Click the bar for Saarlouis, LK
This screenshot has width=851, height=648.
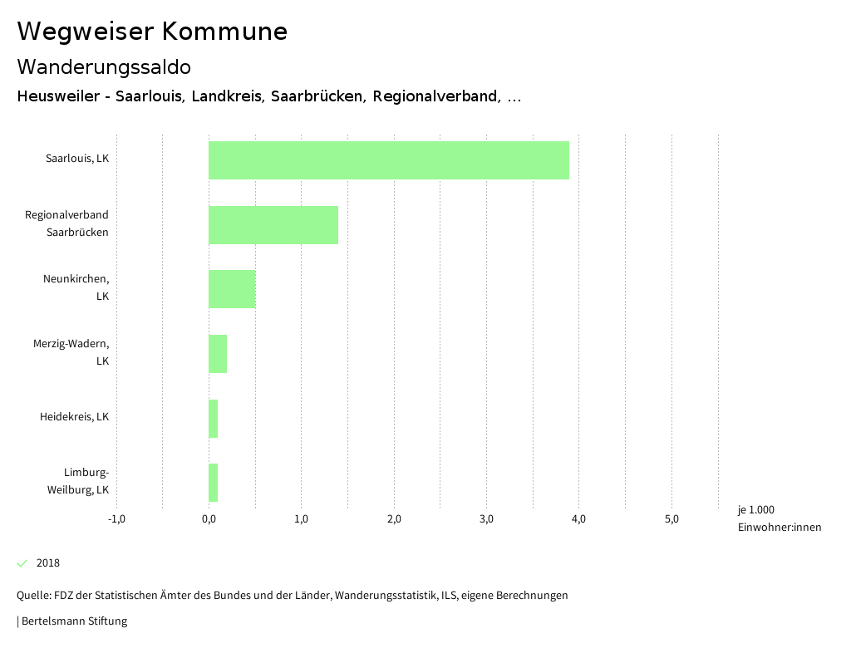click(x=389, y=160)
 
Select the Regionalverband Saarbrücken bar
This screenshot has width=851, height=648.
click(x=273, y=224)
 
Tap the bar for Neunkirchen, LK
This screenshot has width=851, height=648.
click(x=232, y=289)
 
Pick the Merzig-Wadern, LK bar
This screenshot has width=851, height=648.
click(x=218, y=354)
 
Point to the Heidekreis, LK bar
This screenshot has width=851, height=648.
click(x=214, y=418)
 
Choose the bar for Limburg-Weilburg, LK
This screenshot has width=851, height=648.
click(x=214, y=483)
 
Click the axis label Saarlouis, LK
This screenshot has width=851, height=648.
click(x=77, y=158)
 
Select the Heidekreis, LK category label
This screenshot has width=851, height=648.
click(x=74, y=416)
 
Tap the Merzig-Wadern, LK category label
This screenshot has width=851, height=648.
click(x=71, y=352)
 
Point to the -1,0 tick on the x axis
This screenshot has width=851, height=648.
click(x=116, y=519)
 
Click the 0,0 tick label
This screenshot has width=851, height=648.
click(x=209, y=519)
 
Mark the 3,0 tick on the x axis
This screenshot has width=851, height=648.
click(x=487, y=519)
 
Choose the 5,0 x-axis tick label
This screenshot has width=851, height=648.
click(x=671, y=519)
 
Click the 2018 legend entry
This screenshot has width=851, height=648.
click(x=48, y=563)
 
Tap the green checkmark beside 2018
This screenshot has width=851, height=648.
click(x=22, y=563)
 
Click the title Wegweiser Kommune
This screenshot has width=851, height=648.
click(x=152, y=32)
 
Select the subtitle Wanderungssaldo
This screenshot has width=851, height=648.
click(x=104, y=66)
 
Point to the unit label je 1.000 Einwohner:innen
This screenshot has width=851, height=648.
click(x=779, y=518)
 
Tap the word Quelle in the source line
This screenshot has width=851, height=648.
click(x=34, y=595)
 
